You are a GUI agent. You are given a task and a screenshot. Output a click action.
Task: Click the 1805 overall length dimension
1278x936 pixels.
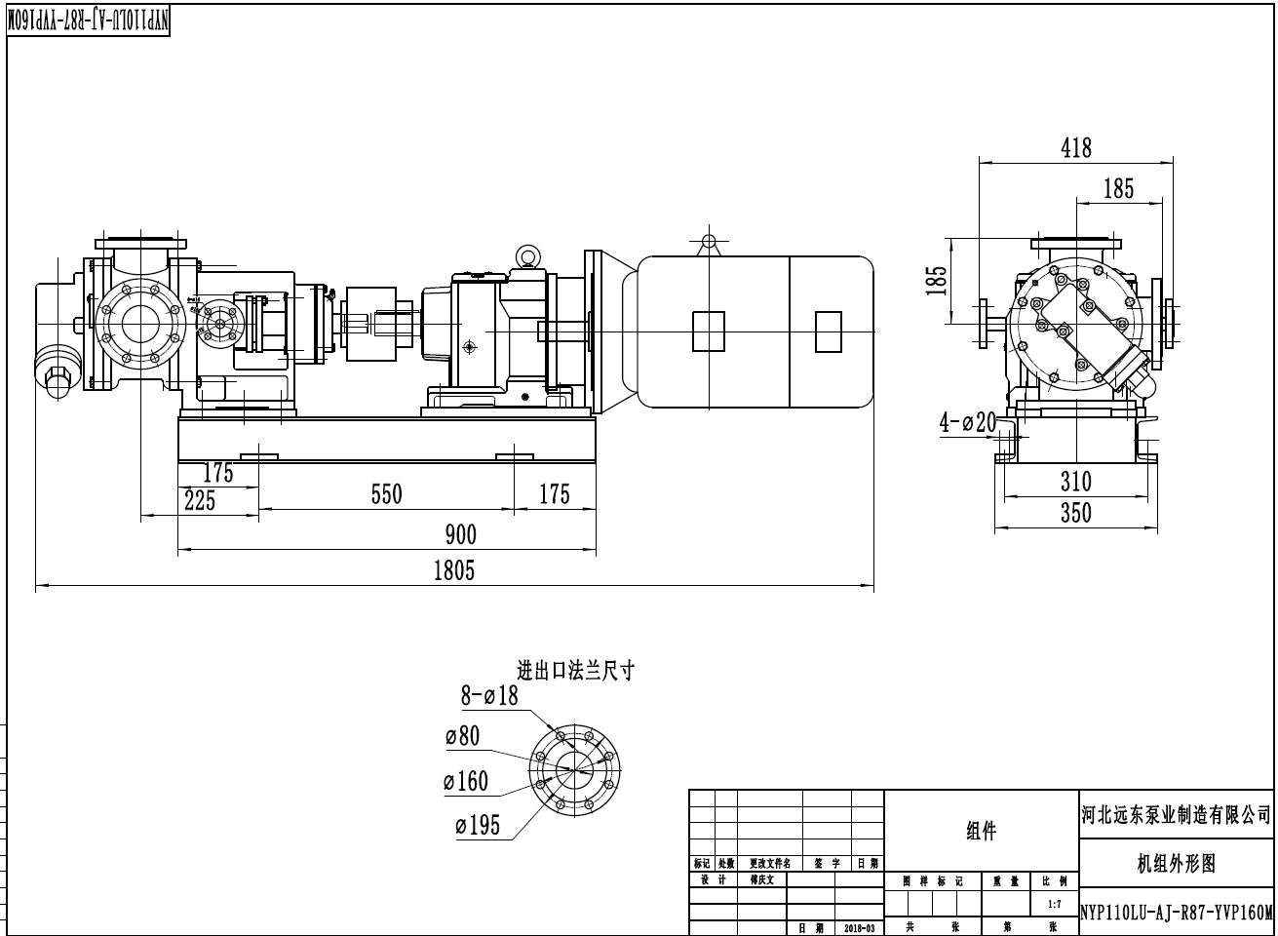(x=454, y=570)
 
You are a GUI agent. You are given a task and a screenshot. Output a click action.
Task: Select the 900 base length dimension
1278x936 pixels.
(x=461, y=534)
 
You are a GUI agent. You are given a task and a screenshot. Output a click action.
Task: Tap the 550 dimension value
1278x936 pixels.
(x=387, y=494)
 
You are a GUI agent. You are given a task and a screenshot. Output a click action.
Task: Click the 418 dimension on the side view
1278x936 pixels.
(x=1075, y=148)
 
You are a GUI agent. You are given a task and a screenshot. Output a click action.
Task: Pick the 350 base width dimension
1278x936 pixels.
(x=1075, y=513)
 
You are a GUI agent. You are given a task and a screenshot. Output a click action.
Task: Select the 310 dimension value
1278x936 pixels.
(x=1075, y=482)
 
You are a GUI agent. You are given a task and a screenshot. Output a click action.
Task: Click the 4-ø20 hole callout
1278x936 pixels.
(x=967, y=422)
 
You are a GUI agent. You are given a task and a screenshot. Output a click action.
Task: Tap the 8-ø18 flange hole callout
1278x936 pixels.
(x=489, y=695)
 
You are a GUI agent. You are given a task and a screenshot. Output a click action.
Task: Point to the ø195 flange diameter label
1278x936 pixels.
(x=477, y=826)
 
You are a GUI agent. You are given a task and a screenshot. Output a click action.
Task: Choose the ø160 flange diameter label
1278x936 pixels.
(x=465, y=781)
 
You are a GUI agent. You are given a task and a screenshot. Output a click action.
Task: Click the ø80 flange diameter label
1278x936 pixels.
(x=462, y=736)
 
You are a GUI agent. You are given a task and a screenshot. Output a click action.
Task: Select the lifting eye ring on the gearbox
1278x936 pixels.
(x=529, y=255)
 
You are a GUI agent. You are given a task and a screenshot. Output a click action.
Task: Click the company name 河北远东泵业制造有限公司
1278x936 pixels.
(x=1177, y=814)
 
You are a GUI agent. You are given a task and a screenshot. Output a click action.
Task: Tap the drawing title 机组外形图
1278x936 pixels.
(x=1177, y=863)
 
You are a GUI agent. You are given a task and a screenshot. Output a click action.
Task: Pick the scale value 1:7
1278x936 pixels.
(x=1054, y=905)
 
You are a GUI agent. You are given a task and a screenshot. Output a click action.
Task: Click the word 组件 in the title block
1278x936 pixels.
(x=981, y=831)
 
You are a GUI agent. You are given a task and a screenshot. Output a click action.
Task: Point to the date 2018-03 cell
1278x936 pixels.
(x=859, y=928)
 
